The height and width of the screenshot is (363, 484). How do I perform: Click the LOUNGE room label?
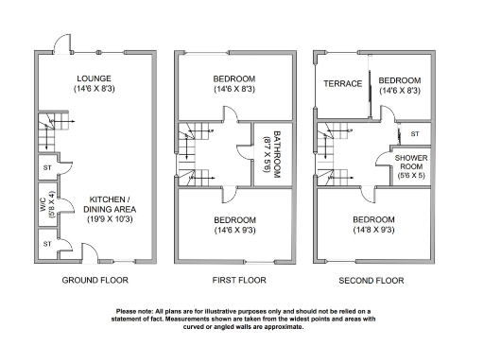click(95, 78)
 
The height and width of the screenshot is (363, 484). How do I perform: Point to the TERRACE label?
click(343, 84)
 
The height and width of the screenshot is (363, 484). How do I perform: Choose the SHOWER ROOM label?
click(411, 161)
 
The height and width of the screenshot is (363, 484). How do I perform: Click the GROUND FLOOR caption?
click(95, 281)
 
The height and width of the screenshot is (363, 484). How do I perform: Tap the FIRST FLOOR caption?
click(234, 281)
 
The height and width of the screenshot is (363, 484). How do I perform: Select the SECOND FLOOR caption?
click(372, 281)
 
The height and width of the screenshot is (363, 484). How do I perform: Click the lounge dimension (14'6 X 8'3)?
click(95, 90)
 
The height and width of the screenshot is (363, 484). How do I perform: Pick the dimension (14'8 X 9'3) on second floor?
click(374, 230)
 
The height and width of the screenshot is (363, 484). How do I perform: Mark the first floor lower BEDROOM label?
click(234, 219)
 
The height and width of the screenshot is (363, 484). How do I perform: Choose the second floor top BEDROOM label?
click(399, 79)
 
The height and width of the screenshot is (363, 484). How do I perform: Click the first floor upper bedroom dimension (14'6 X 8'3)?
click(234, 90)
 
